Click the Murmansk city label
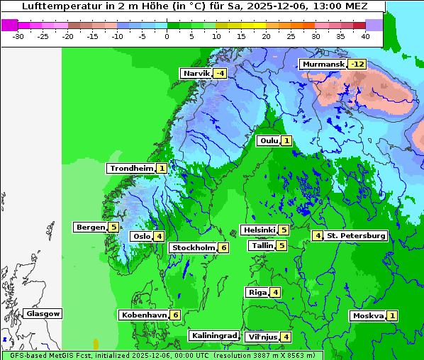point(323,64)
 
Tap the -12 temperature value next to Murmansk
point(357,64)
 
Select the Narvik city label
point(196,73)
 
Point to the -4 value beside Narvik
point(221,73)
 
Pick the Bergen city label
point(90,227)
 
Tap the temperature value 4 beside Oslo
point(160,236)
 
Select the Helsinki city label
point(259,230)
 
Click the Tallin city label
point(262,245)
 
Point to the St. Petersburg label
point(356,235)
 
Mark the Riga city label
point(257,292)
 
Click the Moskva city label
point(368,315)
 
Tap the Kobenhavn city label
point(144,315)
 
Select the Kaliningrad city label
point(213,335)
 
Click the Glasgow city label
point(43,313)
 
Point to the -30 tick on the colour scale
point(18,35)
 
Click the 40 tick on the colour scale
point(365,35)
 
